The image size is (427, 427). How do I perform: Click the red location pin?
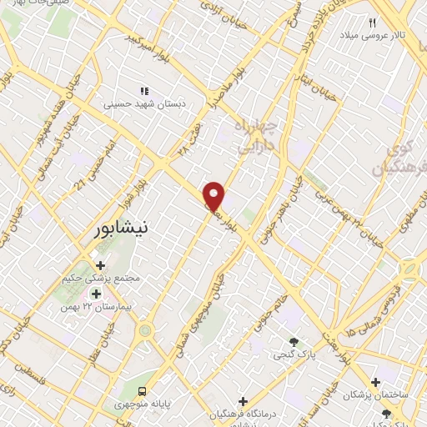click(x=214, y=195)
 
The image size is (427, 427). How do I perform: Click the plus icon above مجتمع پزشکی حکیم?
click(x=100, y=265)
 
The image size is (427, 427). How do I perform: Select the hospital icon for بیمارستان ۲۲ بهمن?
click(x=96, y=293)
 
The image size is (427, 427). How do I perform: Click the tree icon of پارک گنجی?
click(x=293, y=341)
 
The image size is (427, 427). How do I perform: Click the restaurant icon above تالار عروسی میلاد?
click(x=373, y=23)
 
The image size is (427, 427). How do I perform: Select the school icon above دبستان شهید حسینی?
click(x=144, y=91)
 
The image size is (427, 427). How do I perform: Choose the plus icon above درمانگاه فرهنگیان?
click(x=243, y=401)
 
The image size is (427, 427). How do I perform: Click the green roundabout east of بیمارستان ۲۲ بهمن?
click(x=146, y=330)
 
